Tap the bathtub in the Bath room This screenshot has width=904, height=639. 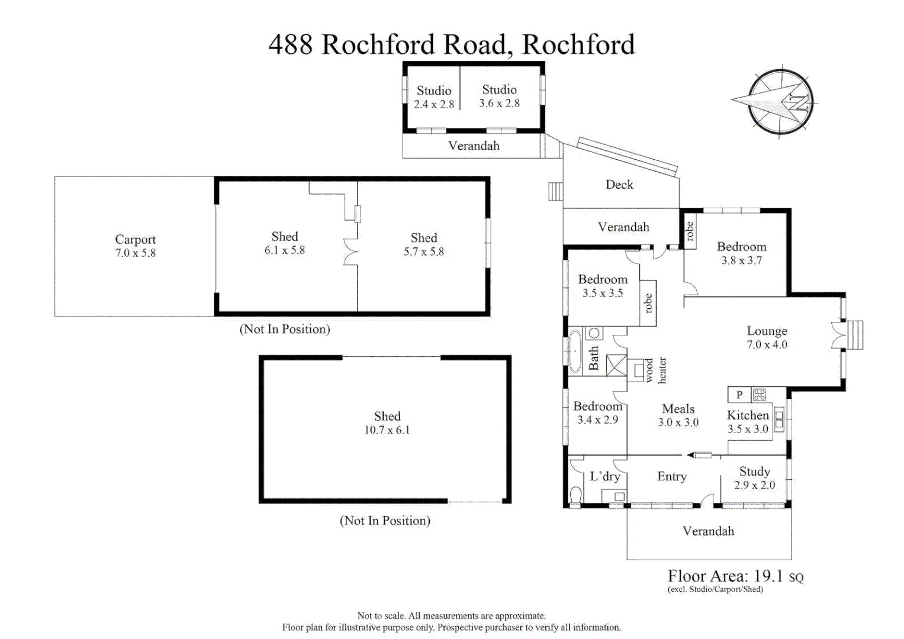pyautogui.click(x=575, y=351)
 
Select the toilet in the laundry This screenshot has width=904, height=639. pyautogui.click(x=575, y=495)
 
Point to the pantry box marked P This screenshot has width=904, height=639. pyautogui.click(x=739, y=395)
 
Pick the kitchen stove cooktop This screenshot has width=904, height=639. pyautogui.click(x=759, y=394)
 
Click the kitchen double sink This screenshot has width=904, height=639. pyautogui.click(x=779, y=419)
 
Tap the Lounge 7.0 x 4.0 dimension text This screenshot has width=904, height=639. pyautogui.click(x=767, y=344)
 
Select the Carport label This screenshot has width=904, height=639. pyautogui.click(x=135, y=239)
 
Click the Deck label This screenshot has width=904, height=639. pyautogui.click(x=619, y=185)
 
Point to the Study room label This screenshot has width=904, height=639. pyautogui.click(x=755, y=472)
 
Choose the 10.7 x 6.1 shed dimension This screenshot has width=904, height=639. pyautogui.click(x=387, y=430)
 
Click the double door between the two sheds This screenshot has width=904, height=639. pyautogui.click(x=350, y=251)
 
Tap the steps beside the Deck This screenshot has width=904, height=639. pyautogui.click(x=555, y=192)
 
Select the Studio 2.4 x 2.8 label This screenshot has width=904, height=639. pyautogui.click(x=434, y=97)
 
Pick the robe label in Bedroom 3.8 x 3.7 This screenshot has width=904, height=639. pyautogui.click(x=689, y=231)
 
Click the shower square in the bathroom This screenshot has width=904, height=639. pyautogui.click(x=617, y=366)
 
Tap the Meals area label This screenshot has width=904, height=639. pyautogui.click(x=678, y=409)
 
